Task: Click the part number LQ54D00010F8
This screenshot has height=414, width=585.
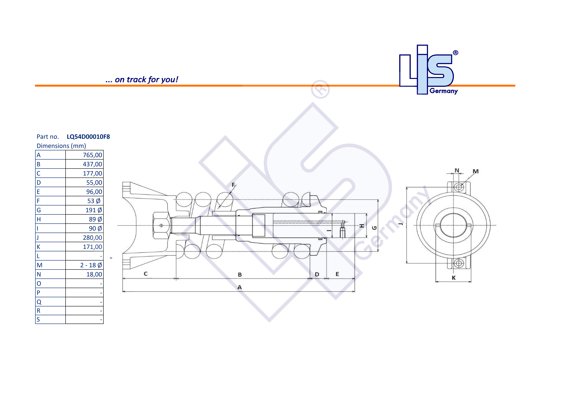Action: (x=88, y=137)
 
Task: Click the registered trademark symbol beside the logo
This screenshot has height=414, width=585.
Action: (x=456, y=53)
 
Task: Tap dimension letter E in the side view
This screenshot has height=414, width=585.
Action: (x=337, y=274)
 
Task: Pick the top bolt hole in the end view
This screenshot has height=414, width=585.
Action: (x=459, y=187)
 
